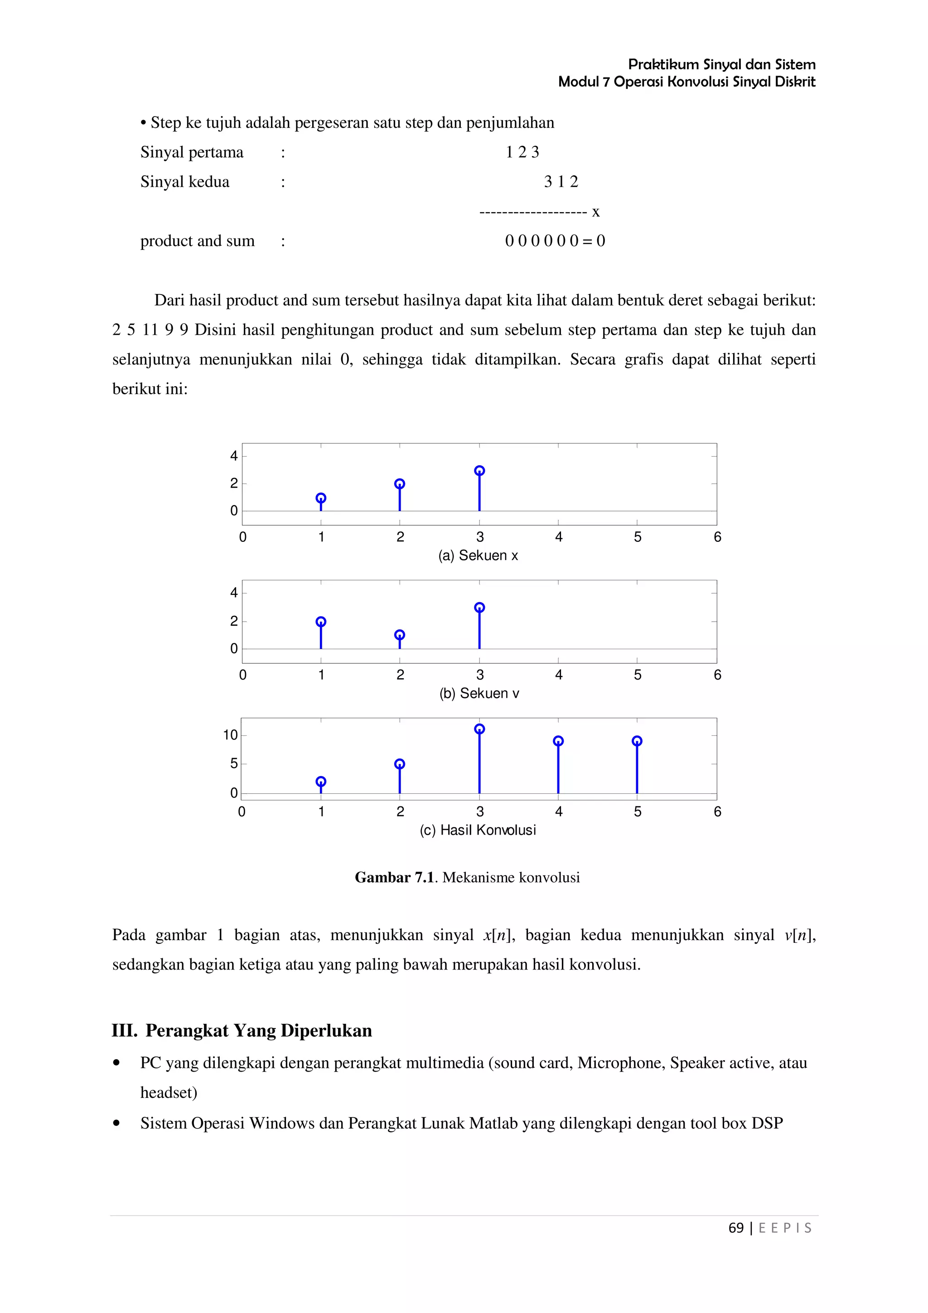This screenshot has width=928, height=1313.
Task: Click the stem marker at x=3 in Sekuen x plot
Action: coord(479,471)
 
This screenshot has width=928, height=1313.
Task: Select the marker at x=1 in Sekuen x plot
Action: coord(321,498)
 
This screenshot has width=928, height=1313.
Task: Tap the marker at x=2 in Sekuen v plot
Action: coord(400,635)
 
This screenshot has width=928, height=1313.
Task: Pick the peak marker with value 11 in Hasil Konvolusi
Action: coord(479,729)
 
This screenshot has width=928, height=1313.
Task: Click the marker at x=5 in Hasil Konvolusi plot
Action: coord(637,741)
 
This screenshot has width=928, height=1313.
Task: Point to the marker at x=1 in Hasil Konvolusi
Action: coord(321,781)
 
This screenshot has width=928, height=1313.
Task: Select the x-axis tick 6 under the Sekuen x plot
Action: coord(717,537)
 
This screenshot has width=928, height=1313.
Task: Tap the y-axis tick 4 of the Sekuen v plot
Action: coord(233,593)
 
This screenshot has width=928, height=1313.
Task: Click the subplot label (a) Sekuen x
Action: coord(478,555)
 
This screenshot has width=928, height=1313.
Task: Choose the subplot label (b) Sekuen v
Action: coord(479,693)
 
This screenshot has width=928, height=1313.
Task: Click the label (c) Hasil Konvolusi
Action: coord(478,830)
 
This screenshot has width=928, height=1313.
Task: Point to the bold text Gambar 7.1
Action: coord(395,877)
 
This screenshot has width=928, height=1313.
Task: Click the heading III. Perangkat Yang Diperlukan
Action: coord(242,1030)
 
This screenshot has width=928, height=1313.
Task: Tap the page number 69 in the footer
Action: coord(736,1228)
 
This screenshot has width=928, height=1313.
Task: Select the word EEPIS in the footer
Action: coord(784,1228)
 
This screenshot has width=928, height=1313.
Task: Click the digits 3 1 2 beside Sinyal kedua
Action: coord(561,182)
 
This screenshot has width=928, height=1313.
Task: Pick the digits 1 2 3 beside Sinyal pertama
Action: coord(522,152)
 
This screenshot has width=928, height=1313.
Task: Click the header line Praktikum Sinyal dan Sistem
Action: coord(721,64)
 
